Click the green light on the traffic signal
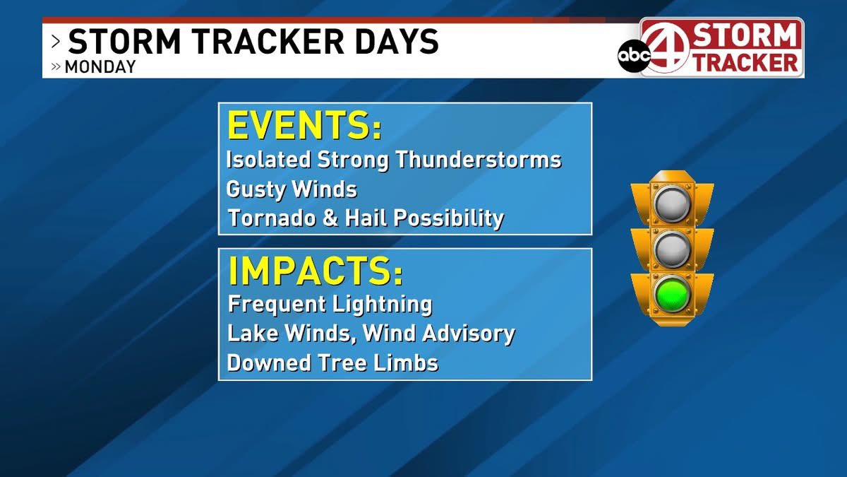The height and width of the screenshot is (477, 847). click(x=671, y=295)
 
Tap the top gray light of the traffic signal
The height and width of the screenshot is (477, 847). click(x=671, y=203)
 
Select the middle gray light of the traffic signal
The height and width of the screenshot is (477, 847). click(x=671, y=249)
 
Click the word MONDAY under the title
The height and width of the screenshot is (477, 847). click(x=100, y=68)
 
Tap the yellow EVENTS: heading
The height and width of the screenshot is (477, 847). click(x=304, y=126)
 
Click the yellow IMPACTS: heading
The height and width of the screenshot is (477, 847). click(x=315, y=271)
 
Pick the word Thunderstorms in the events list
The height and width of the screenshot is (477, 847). click(x=478, y=160)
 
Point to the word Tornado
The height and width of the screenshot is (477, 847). click(x=272, y=218)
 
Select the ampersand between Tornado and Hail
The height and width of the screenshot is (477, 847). click(x=330, y=218)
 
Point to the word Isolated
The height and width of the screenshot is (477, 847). click(x=269, y=160)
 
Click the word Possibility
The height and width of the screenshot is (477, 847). click(x=448, y=218)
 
